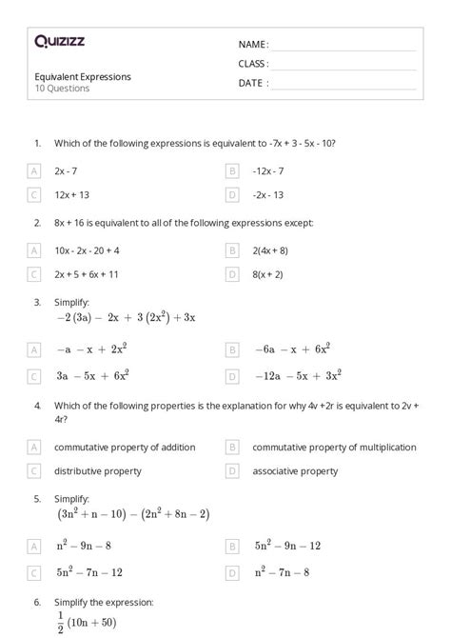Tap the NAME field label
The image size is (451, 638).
coord(253,45)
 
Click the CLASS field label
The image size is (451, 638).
coord(253,64)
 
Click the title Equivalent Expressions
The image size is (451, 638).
coord(83,76)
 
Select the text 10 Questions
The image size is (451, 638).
coord(62,89)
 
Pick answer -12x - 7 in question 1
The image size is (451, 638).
coord(268,171)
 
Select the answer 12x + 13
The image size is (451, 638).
coord(72,195)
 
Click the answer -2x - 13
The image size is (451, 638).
coord(268,195)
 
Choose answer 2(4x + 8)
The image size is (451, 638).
coord(270,250)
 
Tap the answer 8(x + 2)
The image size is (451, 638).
coord(268,274)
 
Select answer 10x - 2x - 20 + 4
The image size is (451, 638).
coord(88,250)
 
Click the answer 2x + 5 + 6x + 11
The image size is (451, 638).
coord(87,274)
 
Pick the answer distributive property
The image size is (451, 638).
coord(98,470)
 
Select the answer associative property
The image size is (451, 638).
coord(295,470)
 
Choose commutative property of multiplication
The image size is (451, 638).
coord(334,447)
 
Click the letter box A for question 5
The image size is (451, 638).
coord(34,548)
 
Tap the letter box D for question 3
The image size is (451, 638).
coord(232,376)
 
